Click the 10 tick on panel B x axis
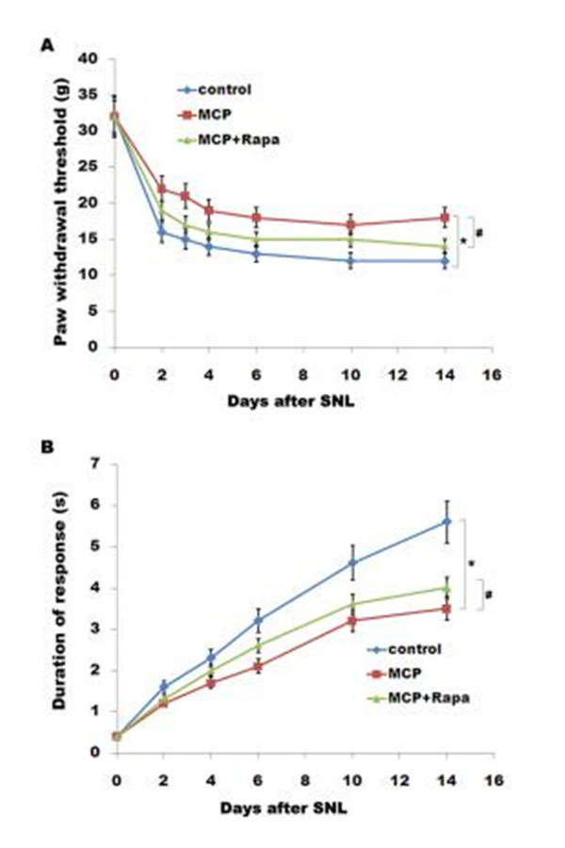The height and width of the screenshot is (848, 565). pos(352,770)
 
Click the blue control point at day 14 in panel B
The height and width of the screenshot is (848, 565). pos(447,521)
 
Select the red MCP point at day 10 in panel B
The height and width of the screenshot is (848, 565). pos(352,620)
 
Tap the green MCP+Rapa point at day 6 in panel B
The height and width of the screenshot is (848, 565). pos(258,644)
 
